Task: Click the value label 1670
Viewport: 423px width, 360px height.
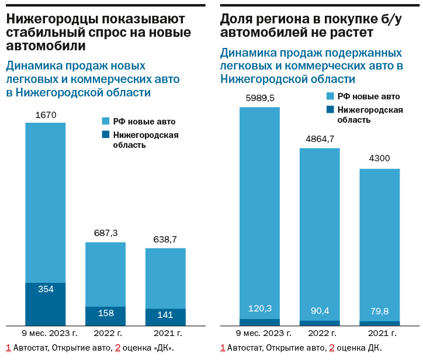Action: [x=46, y=115]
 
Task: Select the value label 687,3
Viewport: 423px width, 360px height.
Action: [x=106, y=233]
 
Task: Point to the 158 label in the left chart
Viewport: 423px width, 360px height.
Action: [x=106, y=314]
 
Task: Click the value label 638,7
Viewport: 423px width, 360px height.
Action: [x=165, y=239]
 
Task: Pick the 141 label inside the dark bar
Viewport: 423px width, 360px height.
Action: [x=165, y=315]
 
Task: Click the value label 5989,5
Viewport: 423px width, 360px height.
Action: [x=260, y=98]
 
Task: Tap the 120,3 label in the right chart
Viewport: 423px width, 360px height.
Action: [x=260, y=309]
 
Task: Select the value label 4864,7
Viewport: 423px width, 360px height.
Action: [x=320, y=139]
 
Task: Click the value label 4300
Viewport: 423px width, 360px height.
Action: [x=379, y=158]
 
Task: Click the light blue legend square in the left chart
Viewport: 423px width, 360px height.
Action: [x=106, y=122]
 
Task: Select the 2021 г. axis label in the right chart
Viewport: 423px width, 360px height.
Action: [x=382, y=333]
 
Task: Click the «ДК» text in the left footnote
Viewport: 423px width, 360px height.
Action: [x=162, y=348]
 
